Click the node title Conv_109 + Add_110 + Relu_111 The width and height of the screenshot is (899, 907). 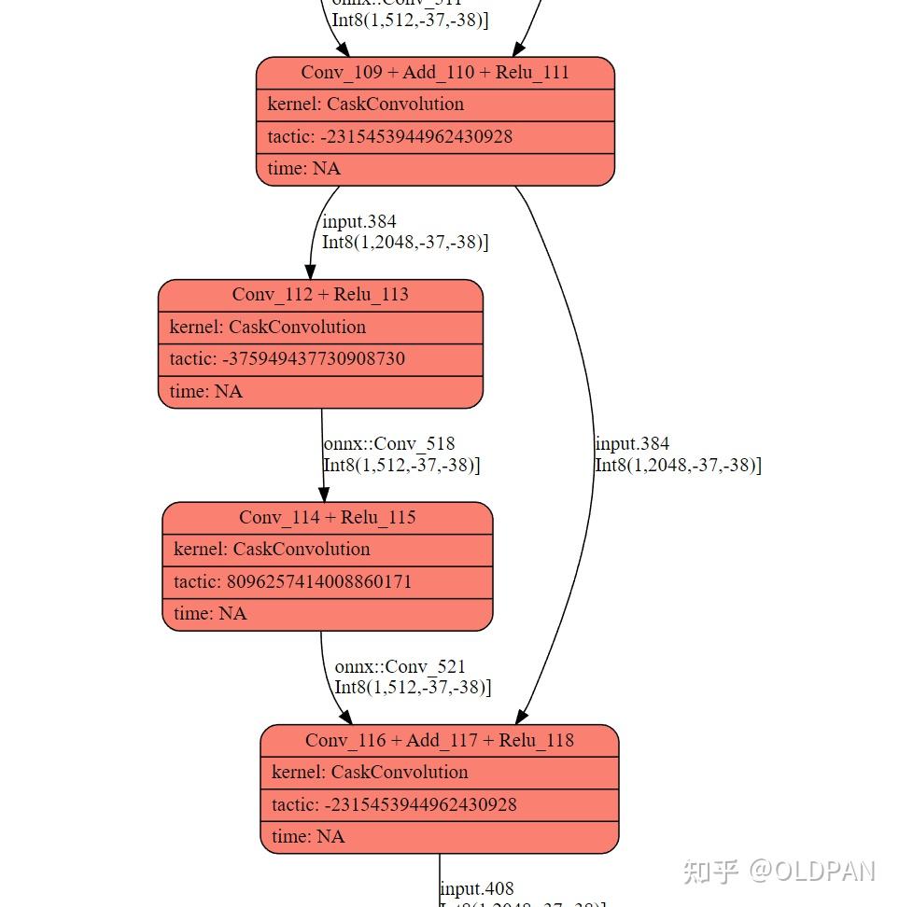pyautogui.click(x=435, y=73)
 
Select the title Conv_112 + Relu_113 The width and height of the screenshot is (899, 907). pyautogui.click(x=320, y=295)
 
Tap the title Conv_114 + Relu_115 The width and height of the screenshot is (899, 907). pyautogui.click(x=327, y=518)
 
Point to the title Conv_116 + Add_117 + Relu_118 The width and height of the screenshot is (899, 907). pyautogui.click(x=439, y=741)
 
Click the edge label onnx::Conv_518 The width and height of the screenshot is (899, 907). pyautogui.click(x=389, y=444)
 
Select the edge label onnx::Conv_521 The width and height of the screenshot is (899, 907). pyautogui.click(x=400, y=667)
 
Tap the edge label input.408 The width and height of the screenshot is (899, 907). pyautogui.click(x=477, y=888)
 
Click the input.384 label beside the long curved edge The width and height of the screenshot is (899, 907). pyautogui.click(x=632, y=444)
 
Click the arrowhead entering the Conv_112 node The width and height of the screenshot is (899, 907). pyautogui.click(x=311, y=271)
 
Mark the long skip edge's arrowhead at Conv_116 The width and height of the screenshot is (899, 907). pyautogui.click(x=521, y=716)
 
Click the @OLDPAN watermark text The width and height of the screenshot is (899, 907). pyautogui.click(x=811, y=872)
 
